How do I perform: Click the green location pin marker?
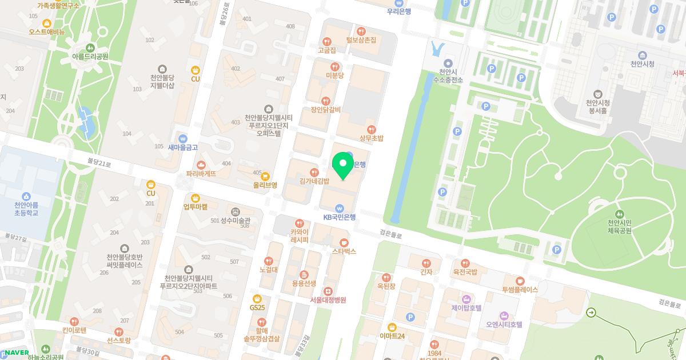tap(342, 165)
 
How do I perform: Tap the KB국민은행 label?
tap(340, 217)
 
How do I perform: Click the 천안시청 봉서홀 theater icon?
tap(597, 94)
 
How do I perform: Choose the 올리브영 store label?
tap(265, 185)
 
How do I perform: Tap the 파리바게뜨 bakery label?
tap(201, 173)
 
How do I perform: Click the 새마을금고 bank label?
tap(183, 147)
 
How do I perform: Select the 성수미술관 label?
tap(236, 221)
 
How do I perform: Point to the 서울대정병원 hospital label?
tap(328, 299)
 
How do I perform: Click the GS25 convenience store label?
tap(257, 307)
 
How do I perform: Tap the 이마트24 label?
tap(392, 336)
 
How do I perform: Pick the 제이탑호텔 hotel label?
tap(466, 307)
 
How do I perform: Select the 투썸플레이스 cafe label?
tap(520, 289)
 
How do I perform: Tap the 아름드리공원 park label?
tap(90, 57)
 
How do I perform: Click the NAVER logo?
tap(17, 353)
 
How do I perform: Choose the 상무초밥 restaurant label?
tap(372, 138)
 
